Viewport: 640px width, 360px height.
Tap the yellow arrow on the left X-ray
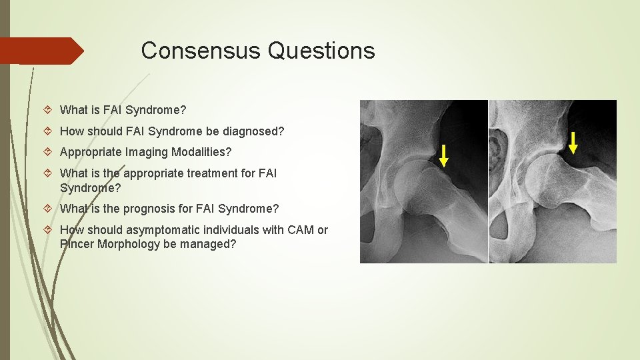(444, 155)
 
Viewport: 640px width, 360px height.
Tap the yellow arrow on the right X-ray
(573, 143)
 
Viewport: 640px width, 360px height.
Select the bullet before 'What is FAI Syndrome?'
(51, 110)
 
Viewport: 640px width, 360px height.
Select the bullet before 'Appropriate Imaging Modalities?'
(51, 152)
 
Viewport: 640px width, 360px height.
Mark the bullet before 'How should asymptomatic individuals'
(51, 230)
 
